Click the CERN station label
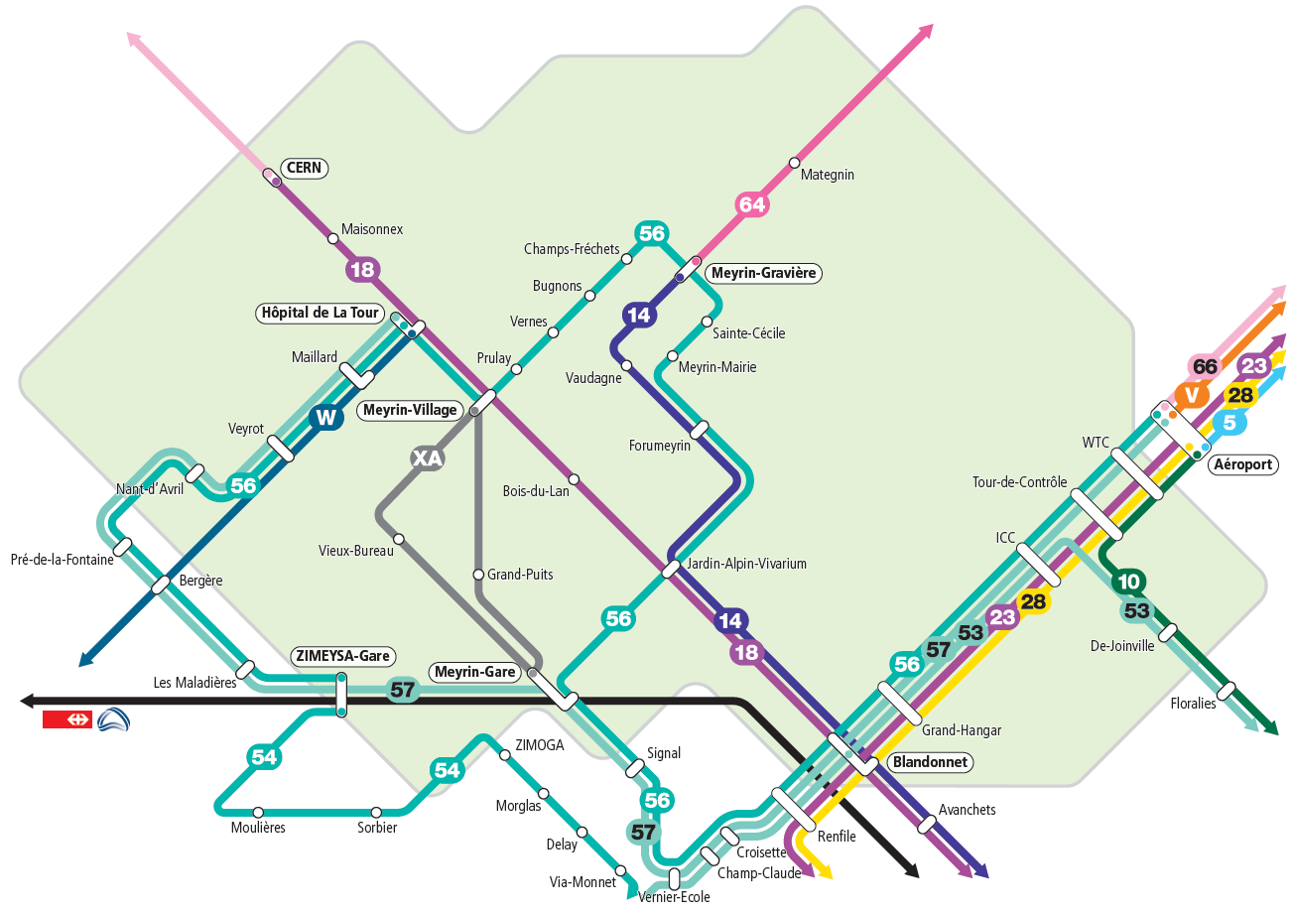(304, 168)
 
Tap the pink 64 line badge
(752, 205)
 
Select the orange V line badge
(1192, 395)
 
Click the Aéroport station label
(1241, 464)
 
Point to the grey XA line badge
(427, 458)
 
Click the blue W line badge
(325, 418)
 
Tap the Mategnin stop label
(828, 175)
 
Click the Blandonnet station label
(929, 762)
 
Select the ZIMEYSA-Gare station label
(343, 656)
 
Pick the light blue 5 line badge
(1228, 422)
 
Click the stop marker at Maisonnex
(332, 238)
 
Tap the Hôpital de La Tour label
(320, 313)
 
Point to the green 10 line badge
(1128, 582)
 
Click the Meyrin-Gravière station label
(763, 272)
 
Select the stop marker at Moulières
(258, 812)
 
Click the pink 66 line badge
(1205, 366)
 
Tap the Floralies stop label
(1193, 704)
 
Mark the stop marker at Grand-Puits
(478, 575)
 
